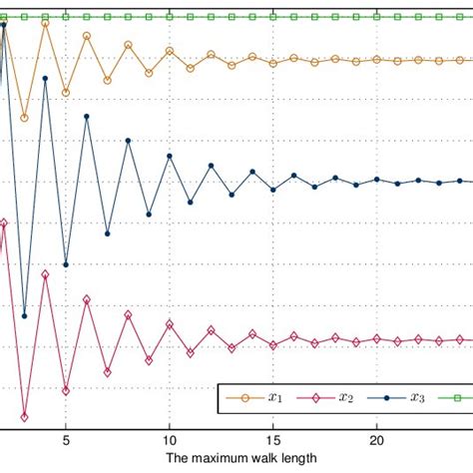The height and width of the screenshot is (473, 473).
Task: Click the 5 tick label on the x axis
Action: [66, 438]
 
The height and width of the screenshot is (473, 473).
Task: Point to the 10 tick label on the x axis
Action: [170, 438]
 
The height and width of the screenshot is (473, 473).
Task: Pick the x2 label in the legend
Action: [345, 398]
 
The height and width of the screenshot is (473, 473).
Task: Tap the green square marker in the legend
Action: [457, 398]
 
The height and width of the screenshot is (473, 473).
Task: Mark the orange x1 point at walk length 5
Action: [66, 92]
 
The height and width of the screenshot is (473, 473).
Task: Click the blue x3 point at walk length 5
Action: [66, 264]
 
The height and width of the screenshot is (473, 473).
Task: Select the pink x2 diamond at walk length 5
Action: [66, 389]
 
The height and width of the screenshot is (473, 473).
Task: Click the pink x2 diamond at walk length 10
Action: [170, 323]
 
